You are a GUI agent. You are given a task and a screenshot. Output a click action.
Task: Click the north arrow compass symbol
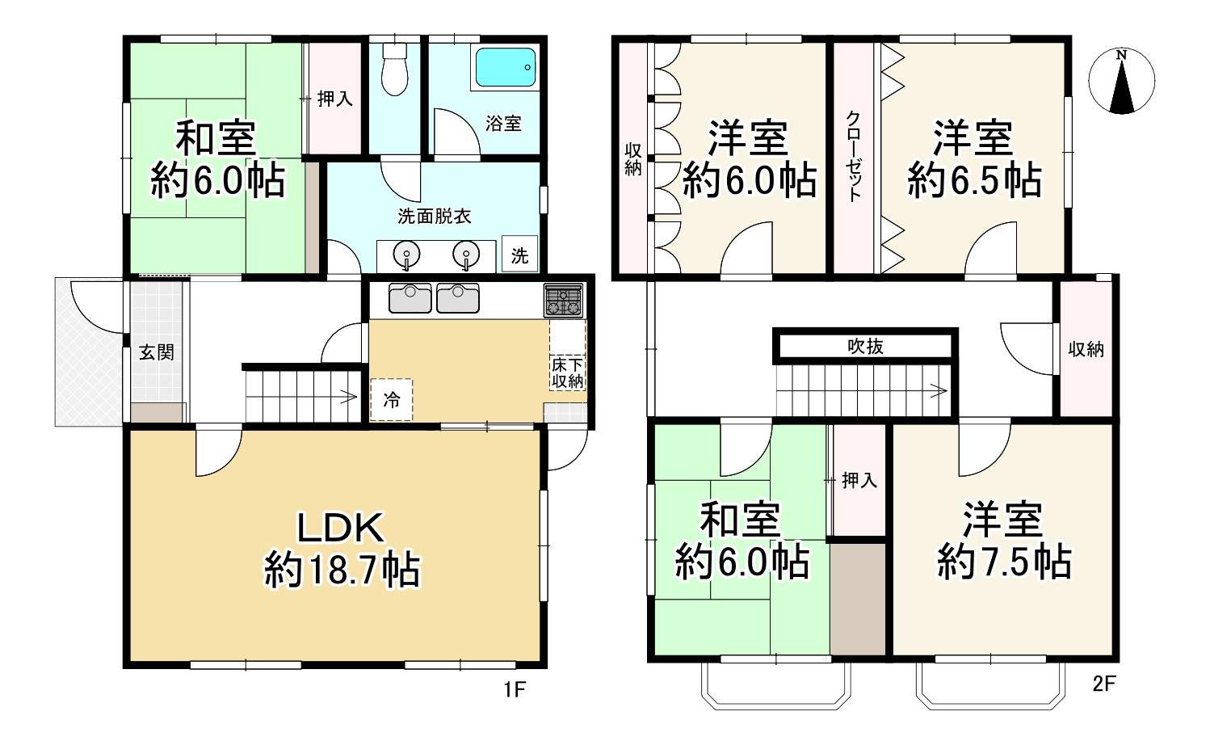[x=1121, y=82]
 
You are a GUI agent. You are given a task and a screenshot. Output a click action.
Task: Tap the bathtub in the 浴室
[x=506, y=67]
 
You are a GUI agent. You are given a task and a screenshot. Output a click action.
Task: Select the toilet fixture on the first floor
[x=394, y=69]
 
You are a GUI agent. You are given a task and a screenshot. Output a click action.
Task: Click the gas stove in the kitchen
[x=563, y=300]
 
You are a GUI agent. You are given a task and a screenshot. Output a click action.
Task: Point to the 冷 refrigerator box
[x=392, y=400]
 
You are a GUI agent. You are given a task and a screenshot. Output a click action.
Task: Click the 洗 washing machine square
[x=519, y=255]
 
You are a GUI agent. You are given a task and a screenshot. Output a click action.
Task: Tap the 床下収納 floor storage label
[x=568, y=373]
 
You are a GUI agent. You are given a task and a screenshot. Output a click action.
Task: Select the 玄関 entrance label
[x=156, y=352]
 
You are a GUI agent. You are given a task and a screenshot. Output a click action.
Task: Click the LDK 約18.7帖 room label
[x=341, y=549]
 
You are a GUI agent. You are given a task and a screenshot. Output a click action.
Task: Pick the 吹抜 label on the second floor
[x=865, y=347]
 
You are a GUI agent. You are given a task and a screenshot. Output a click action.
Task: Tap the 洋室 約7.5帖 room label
[x=1004, y=540]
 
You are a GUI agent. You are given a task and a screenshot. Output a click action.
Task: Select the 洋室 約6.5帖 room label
[x=974, y=159]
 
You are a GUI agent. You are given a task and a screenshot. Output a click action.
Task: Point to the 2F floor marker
[x=1103, y=684]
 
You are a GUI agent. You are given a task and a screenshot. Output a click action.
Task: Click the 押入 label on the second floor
[x=859, y=481]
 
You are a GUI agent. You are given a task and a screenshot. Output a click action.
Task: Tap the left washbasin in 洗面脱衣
[x=407, y=255]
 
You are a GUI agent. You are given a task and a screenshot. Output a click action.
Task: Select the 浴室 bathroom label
[x=503, y=124]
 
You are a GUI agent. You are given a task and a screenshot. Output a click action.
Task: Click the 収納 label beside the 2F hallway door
[x=1086, y=349]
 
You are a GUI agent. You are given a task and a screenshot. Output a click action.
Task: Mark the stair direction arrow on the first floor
[x=347, y=397]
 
